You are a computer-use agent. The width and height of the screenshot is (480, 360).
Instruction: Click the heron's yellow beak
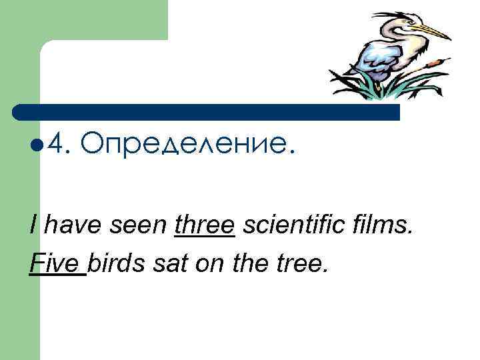(433, 31)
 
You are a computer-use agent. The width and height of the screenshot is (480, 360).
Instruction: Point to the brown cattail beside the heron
(435, 62)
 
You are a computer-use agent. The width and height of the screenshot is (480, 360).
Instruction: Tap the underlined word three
(204, 227)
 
